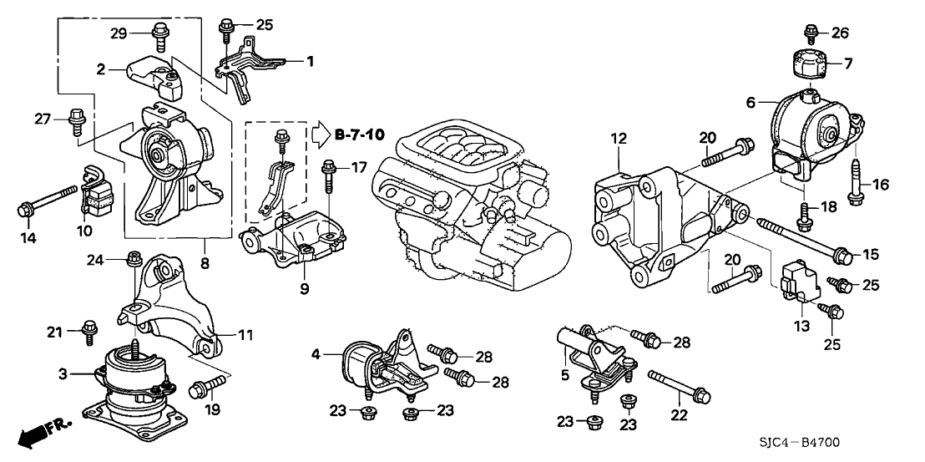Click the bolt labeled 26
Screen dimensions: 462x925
tap(810, 33)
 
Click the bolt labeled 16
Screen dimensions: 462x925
tap(856, 185)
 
